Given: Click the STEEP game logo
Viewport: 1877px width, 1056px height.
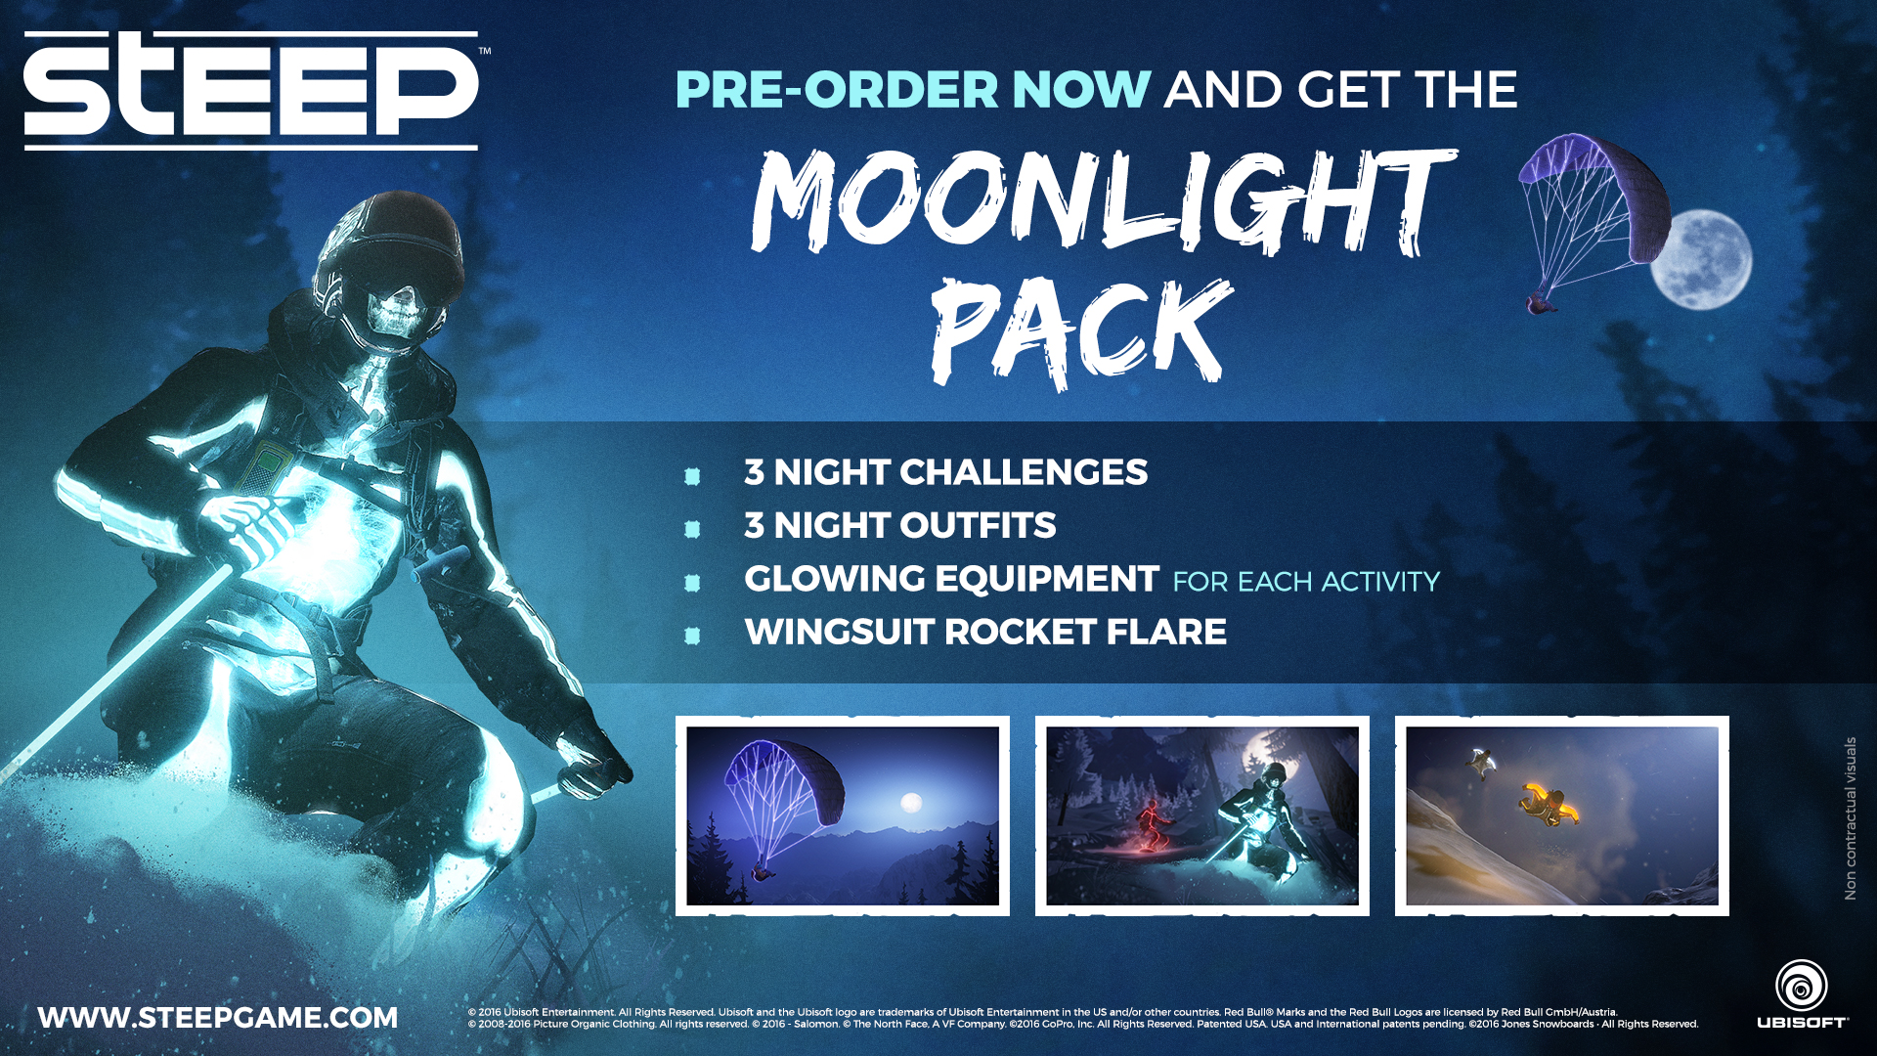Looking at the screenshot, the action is (x=251, y=90).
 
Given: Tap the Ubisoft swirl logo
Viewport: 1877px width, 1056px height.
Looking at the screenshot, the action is (x=1801, y=985).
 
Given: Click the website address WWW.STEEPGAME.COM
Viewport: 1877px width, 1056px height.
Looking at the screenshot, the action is (x=218, y=1018).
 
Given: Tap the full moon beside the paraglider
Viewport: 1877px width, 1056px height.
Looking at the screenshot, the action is (x=1702, y=259).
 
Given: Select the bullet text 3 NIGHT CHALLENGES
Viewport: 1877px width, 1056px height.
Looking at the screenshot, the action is (x=945, y=472).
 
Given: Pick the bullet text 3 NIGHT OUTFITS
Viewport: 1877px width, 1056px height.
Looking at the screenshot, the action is (x=899, y=525).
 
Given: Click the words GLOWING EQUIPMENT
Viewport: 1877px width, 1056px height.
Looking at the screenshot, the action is (x=951, y=579).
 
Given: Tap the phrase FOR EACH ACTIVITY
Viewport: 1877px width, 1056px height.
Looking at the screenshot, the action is (x=1306, y=582).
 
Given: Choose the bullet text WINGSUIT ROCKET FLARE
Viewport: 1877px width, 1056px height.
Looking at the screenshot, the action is (x=985, y=632).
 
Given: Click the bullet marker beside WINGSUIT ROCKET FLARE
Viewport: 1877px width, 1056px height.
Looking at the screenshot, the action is (x=692, y=636).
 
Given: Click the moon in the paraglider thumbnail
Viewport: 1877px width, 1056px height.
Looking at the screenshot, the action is (x=911, y=803).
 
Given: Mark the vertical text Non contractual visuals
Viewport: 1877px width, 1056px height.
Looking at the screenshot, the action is (x=1850, y=818).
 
